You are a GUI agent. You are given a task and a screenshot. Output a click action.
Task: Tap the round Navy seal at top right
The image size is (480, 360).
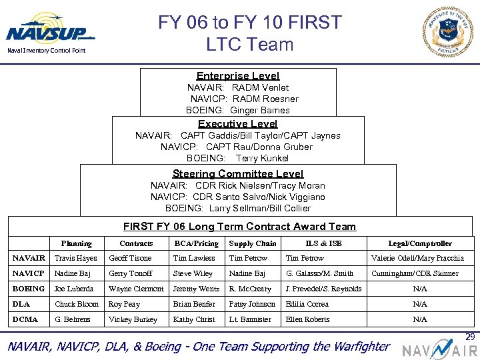click(x=447, y=31)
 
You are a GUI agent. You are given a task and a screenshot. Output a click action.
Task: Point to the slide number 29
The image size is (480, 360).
click(x=471, y=337)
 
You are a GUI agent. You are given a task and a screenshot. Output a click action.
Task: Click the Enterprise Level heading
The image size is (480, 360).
click(x=238, y=76)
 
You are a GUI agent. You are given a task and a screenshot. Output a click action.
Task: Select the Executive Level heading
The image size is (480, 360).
click(x=238, y=123)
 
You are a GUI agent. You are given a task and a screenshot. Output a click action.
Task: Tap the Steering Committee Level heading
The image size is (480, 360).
click(x=238, y=173)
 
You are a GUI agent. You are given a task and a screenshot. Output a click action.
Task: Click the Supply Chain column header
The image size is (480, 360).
click(x=252, y=243)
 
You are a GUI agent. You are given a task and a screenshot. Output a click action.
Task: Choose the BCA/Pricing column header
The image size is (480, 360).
click(x=196, y=243)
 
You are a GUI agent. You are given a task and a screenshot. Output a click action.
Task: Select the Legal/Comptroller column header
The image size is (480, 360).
click(x=420, y=243)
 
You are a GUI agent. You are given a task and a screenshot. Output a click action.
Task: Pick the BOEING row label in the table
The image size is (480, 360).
click(x=29, y=289)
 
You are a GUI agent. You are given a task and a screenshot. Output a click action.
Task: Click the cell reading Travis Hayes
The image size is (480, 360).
click(x=75, y=258)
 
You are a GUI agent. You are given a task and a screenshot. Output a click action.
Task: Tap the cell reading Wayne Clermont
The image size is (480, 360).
click(x=136, y=289)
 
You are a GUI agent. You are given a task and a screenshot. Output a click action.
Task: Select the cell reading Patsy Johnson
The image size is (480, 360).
click(x=252, y=304)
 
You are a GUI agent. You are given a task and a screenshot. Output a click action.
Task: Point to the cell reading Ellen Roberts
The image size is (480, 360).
click(x=307, y=319)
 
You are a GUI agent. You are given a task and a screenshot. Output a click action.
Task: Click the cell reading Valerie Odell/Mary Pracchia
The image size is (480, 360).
click(x=417, y=258)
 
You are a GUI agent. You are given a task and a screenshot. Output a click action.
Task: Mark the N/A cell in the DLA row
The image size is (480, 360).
click(x=420, y=304)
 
